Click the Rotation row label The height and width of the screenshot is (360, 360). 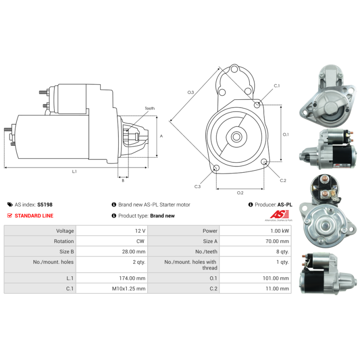[64, 241]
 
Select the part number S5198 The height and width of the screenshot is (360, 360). [45, 205]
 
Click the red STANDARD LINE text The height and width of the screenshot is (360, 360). [34, 216]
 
